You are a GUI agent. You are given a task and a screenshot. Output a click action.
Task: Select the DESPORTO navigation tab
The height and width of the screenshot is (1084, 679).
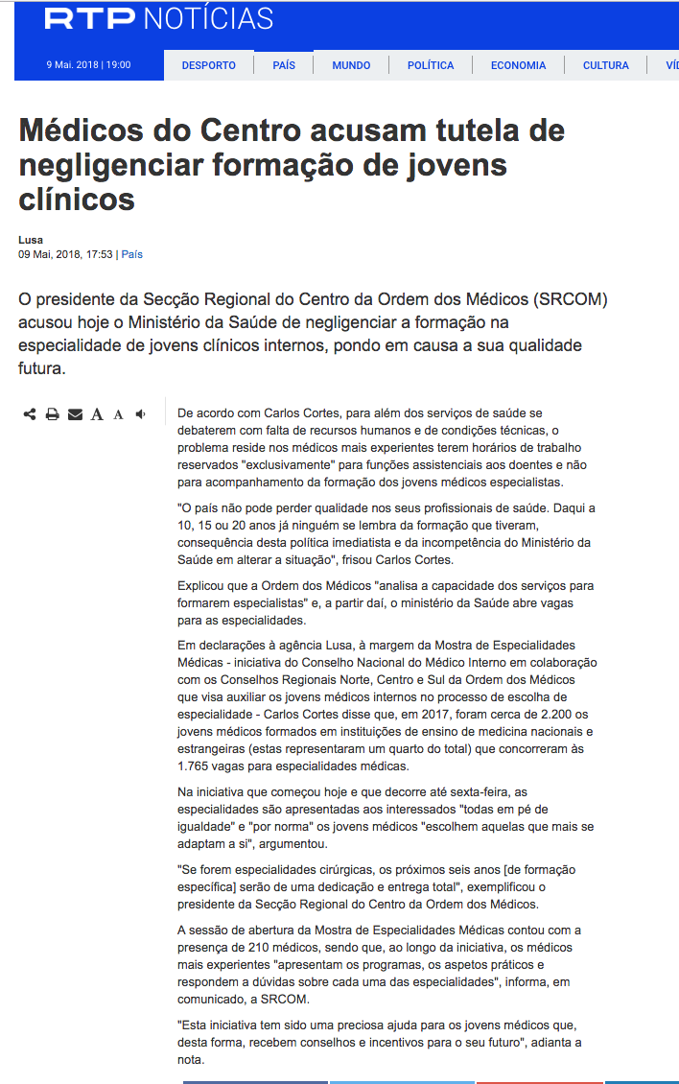pyautogui.click(x=208, y=65)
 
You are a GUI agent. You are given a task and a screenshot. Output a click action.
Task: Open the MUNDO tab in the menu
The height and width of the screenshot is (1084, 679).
pyautogui.click(x=351, y=65)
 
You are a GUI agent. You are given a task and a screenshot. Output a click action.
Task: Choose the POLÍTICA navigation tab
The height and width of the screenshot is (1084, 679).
pyautogui.click(x=431, y=65)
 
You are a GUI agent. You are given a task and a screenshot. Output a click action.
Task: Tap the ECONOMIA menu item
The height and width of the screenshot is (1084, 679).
pyautogui.click(x=518, y=65)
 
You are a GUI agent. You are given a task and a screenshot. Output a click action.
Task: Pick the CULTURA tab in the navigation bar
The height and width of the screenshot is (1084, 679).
pyautogui.click(x=606, y=65)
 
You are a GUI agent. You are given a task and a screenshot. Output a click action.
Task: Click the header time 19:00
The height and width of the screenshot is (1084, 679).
pyautogui.click(x=119, y=65)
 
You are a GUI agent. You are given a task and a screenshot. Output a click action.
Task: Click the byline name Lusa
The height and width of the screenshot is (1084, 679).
pyautogui.click(x=31, y=240)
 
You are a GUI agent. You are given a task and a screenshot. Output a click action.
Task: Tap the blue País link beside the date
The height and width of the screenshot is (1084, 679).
pyautogui.click(x=131, y=254)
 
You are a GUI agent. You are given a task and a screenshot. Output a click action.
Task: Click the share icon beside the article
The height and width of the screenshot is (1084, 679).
pyautogui.click(x=30, y=414)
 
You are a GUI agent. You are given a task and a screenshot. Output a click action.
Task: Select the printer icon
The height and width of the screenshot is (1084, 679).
pyautogui.click(x=53, y=414)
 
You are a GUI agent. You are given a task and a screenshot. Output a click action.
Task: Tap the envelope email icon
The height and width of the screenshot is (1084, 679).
pyautogui.click(x=75, y=414)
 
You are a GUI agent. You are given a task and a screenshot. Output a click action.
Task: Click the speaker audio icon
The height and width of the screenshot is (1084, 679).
pyautogui.click(x=141, y=414)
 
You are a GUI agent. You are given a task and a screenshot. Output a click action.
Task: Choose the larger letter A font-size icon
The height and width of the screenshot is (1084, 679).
pyautogui.click(x=97, y=414)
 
